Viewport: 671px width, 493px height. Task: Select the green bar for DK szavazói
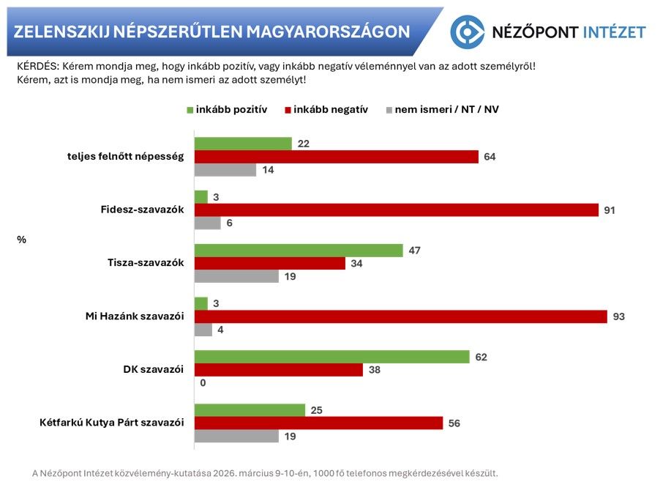[x=331, y=357]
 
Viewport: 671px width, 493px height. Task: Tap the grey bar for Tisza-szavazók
[x=236, y=276]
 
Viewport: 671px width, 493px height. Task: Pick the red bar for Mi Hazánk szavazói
[x=400, y=316]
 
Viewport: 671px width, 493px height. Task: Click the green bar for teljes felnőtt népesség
[x=243, y=144]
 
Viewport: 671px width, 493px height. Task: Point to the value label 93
[x=618, y=317]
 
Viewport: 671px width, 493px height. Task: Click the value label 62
[x=481, y=357]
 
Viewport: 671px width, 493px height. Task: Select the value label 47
[x=415, y=251]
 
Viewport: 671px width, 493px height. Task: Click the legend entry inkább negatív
[x=326, y=110]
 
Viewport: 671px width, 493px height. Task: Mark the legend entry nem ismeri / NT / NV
[x=440, y=110]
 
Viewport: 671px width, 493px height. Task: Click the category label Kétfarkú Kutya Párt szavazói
[x=110, y=423]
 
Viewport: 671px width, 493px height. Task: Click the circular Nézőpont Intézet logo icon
[x=468, y=31]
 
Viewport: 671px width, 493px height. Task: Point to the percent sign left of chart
[x=21, y=238]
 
